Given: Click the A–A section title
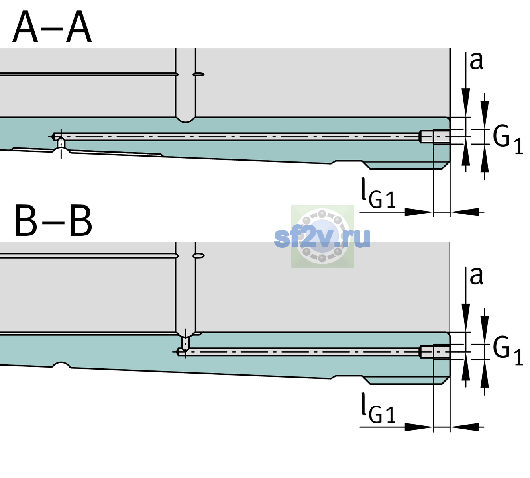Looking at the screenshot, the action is coord(52,27).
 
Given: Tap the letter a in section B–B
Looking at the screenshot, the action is coord(476,276).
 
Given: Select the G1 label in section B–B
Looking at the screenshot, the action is coord(508,351).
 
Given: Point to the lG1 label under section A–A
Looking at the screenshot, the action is coord(378,193).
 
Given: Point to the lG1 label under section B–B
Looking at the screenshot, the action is coord(378,408).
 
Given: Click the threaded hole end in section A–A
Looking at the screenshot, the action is coord(435,137).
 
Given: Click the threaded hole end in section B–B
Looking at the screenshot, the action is coord(435,352).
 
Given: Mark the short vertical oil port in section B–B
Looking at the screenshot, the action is coord(186,343).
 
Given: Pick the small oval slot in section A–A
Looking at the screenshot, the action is coord(198,74).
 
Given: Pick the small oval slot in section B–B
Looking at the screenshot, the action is coord(198,256).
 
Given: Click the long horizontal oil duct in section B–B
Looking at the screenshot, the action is coord(298,352).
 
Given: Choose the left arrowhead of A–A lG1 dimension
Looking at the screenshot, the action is coord(419,212).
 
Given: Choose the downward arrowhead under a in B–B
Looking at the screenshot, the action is coord(466,317).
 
